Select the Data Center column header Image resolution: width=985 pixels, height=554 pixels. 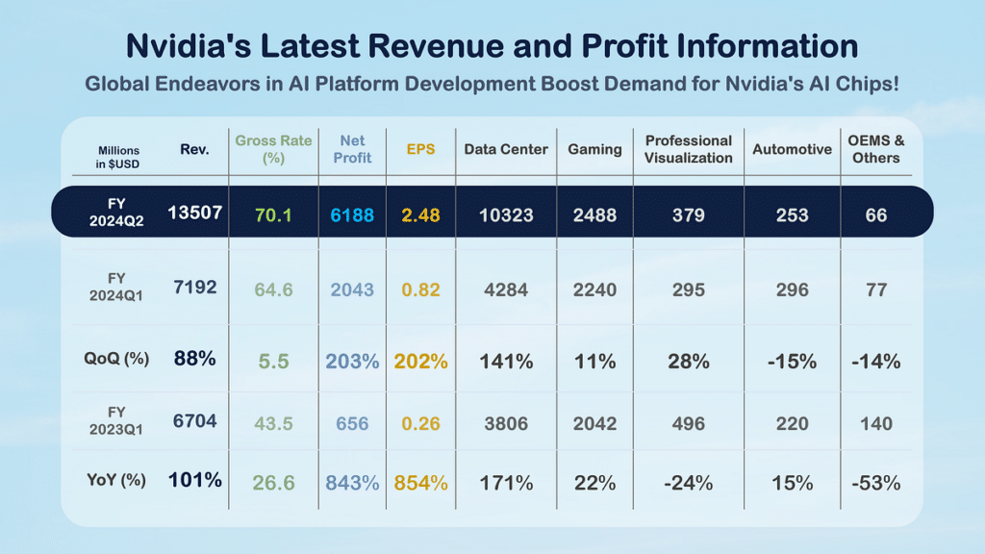506,149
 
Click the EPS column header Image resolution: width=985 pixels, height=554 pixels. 420,149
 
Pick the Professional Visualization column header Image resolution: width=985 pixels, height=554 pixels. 689,149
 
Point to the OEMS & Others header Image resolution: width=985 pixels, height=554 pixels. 875,149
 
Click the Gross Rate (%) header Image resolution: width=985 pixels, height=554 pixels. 274,149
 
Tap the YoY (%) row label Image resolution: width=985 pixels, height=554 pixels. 114,480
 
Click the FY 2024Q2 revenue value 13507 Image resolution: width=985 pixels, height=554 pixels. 195,214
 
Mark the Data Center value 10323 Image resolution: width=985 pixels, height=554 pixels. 506,215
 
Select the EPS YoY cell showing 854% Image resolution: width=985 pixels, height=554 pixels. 421,483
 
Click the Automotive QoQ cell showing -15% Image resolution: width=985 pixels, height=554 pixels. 792,362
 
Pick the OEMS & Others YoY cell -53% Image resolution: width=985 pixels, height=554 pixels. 875,483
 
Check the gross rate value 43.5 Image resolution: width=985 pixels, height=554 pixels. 273,423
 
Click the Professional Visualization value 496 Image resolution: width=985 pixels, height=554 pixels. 689,423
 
